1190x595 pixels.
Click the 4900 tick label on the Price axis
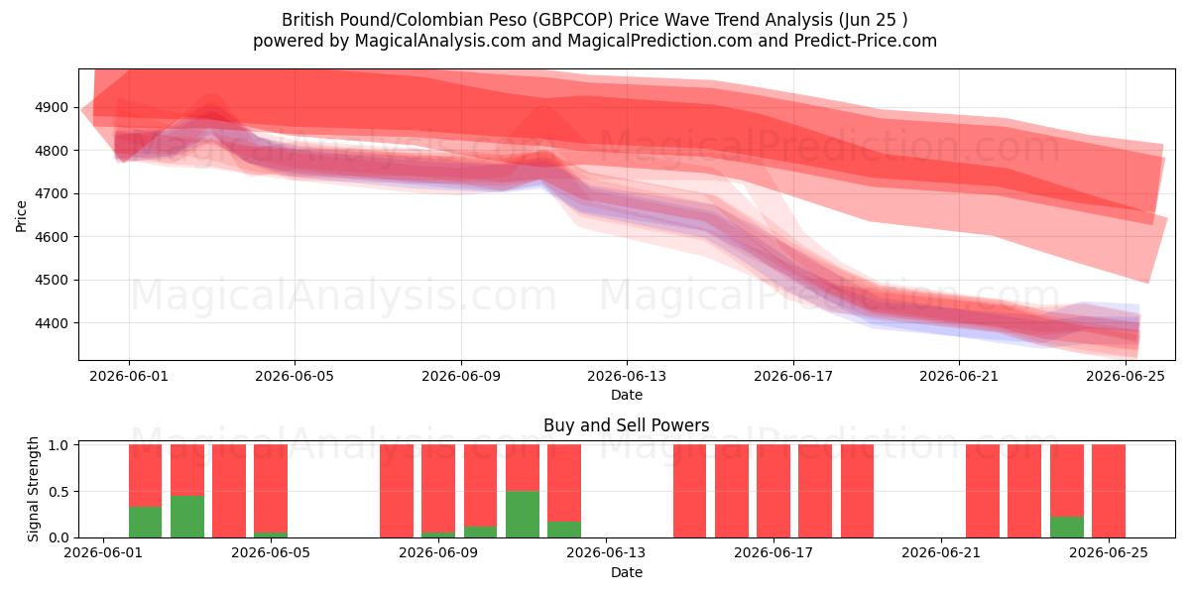pyautogui.click(x=52, y=107)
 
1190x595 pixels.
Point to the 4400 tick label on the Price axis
pyautogui.click(x=52, y=323)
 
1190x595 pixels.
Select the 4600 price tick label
pyautogui.click(x=52, y=237)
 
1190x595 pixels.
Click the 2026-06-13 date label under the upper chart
pyautogui.click(x=627, y=376)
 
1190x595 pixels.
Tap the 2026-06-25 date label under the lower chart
pyautogui.click(x=1109, y=552)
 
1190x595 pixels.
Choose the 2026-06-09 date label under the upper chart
pyautogui.click(x=460, y=376)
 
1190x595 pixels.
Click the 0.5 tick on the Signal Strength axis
pyautogui.click(x=59, y=492)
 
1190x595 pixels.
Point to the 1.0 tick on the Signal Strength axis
pyautogui.click(x=59, y=445)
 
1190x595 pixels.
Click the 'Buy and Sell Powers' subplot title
pyautogui.click(x=627, y=425)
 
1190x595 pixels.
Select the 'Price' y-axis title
pyautogui.click(x=21, y=217)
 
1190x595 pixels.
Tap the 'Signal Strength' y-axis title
pyautogui.click(x=33, y=489)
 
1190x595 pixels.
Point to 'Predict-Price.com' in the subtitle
pyautogui.click(x=866, y=41)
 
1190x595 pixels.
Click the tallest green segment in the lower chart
pyautogui.click(x=523, y=515)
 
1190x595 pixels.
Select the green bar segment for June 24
pyautogui.click(x=1067, y=527)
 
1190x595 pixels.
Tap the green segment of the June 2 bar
pyautogui.click(x=145, y=523)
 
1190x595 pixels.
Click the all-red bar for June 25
pyautogui.click(x=1109, y=491)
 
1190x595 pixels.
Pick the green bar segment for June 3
pyautogui.click(x=187, y=517)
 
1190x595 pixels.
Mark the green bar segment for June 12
pyautogui.click(x=563, y=530)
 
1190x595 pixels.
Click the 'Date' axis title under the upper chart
pyautogui.click(x=627, y=396)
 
